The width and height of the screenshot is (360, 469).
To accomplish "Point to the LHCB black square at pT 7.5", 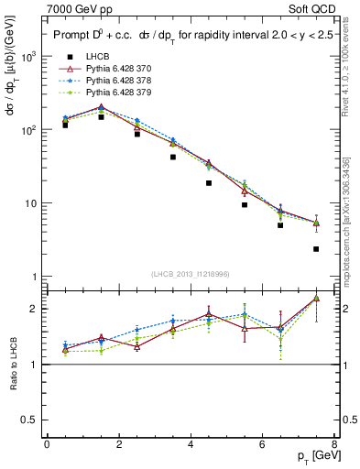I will click(x=316, y=249).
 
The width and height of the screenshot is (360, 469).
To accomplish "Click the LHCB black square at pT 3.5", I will click(x=172, y=157).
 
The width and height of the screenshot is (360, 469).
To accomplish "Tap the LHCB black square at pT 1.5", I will click(x=101, y=117).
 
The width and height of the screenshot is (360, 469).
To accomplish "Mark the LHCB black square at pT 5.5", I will click(x=245, y=205).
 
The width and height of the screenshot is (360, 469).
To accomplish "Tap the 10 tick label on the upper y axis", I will click(x=30, y=203).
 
